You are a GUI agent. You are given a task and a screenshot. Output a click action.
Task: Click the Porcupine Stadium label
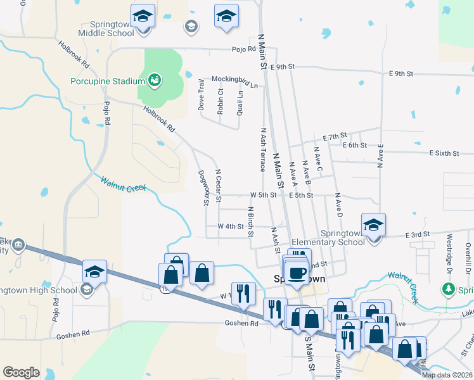click(x=108, y=80)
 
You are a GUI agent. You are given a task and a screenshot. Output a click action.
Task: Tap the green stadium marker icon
click(x=154, y=80)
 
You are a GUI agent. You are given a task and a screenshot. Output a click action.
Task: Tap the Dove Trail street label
click(x=202, y=94)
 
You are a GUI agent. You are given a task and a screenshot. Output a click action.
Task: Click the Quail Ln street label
click(x=240, y=102)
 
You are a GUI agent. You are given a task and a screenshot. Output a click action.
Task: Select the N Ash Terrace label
click(x=262, y=149)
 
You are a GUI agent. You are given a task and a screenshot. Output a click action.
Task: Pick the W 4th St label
click(x=231, y=226)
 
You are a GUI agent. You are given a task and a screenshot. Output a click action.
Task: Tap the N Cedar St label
click(x=218, y=185)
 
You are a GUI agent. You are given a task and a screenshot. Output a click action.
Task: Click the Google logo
click(x=21, y=372)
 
